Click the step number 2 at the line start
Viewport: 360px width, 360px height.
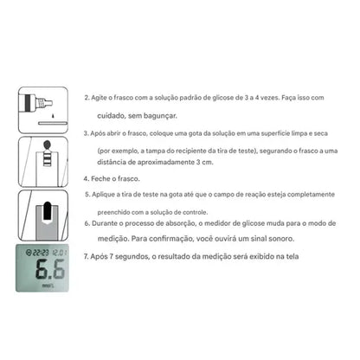86,99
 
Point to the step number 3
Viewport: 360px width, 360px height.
86,134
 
